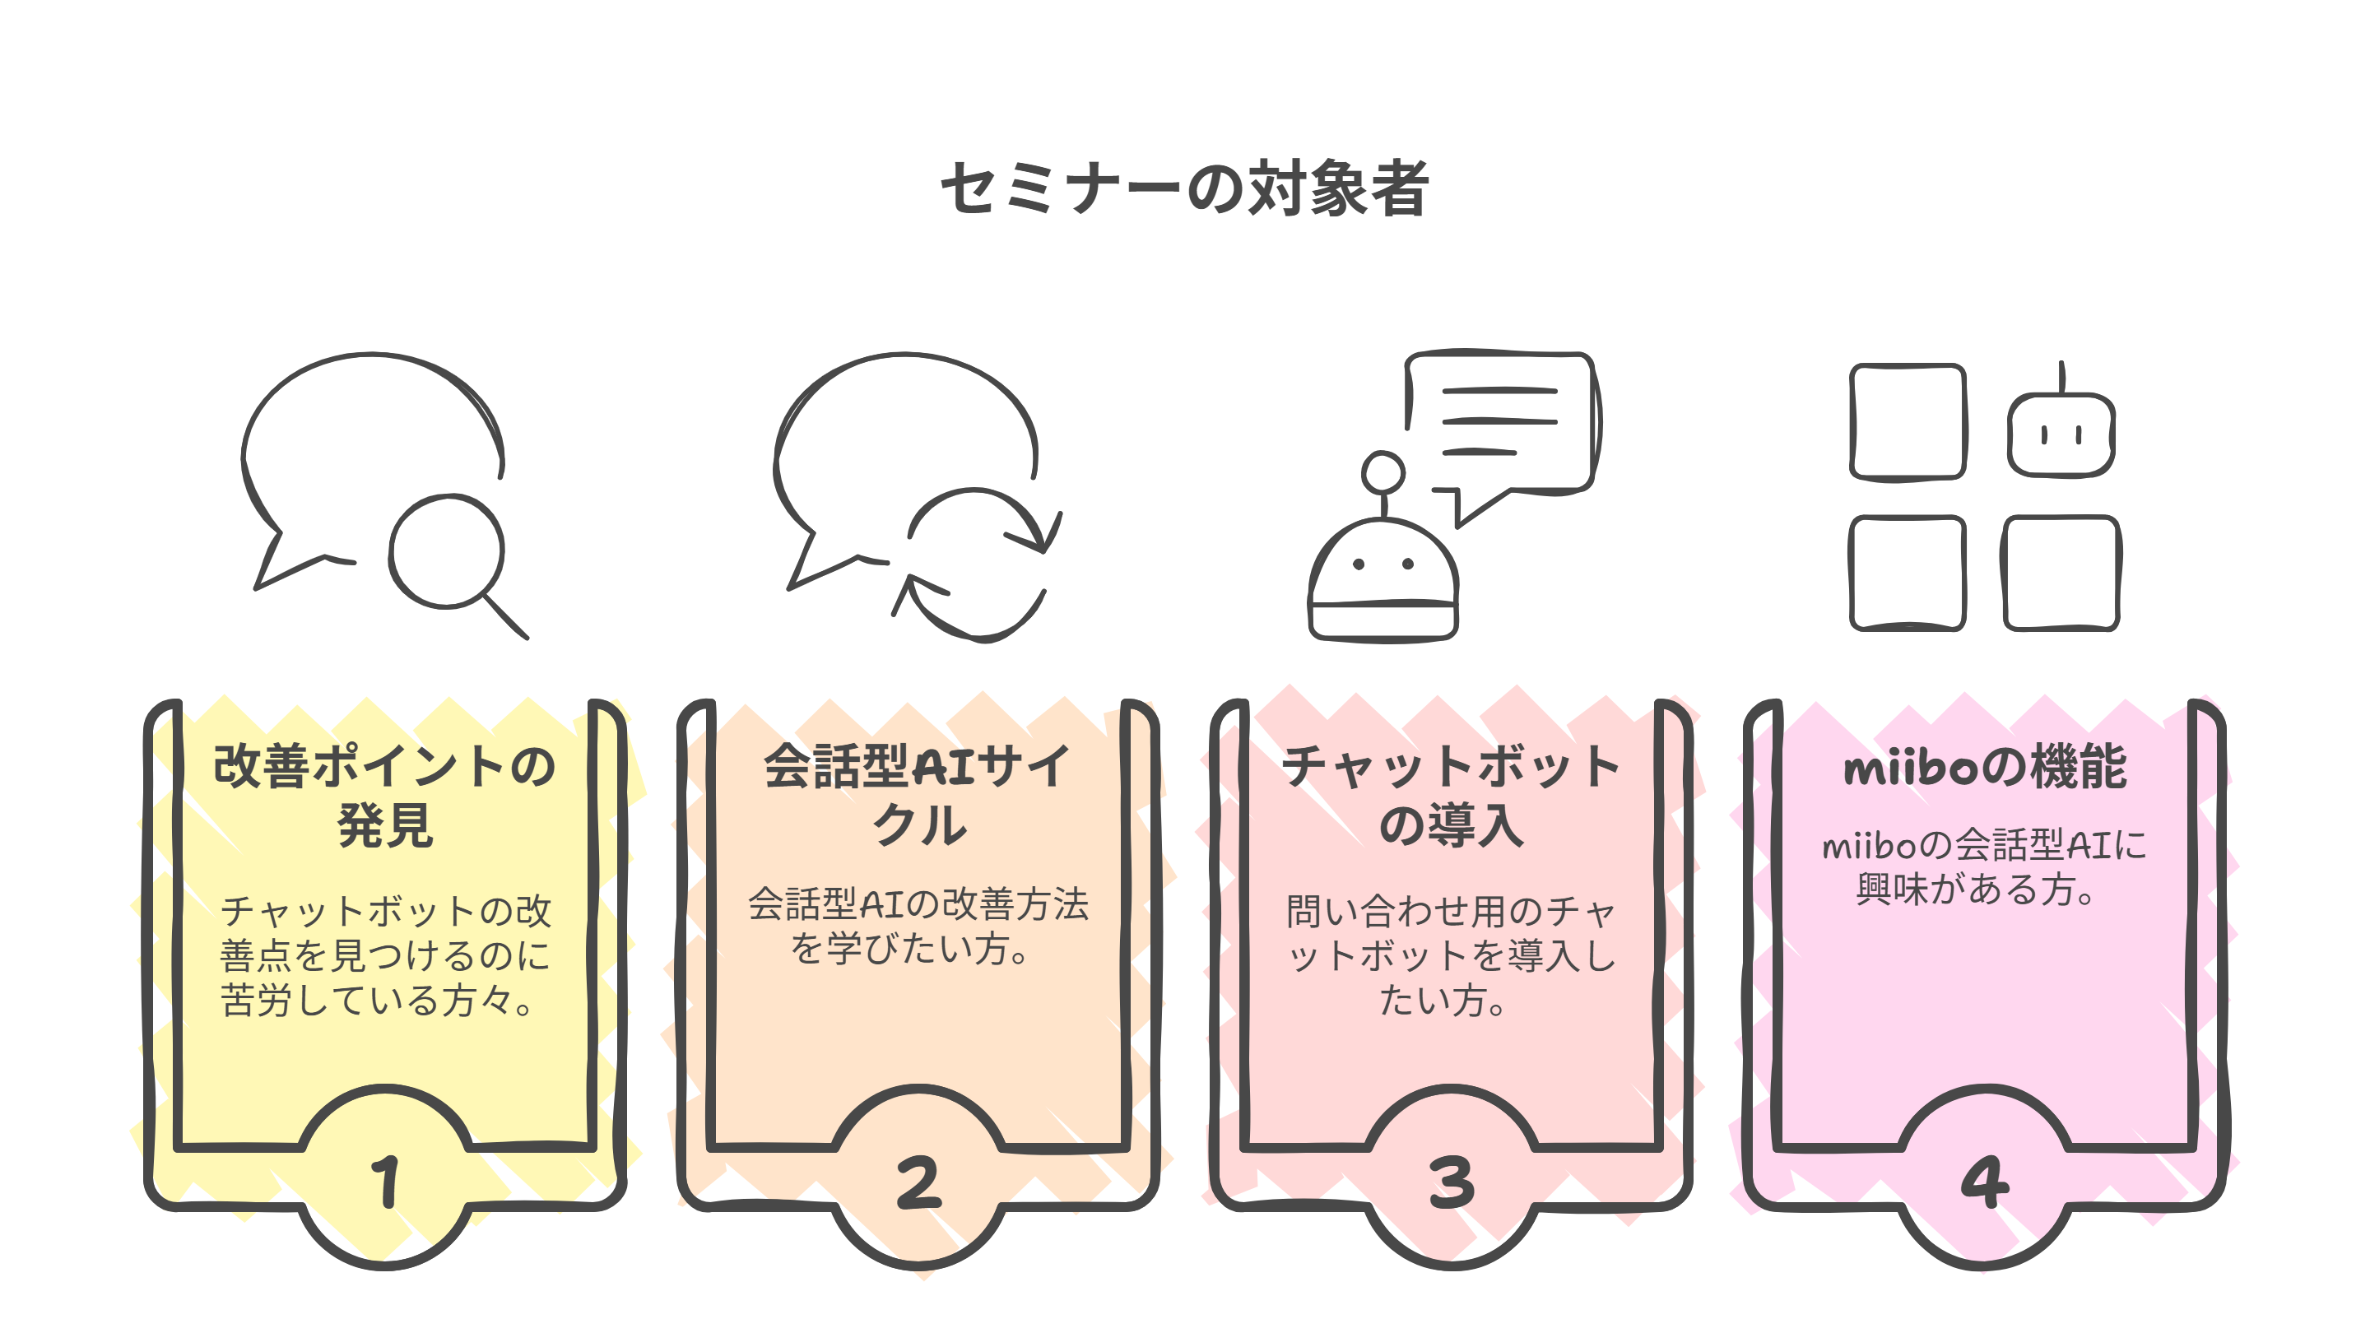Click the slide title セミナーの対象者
point(1184,188)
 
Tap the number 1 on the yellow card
point(385,1182)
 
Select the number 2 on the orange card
point(918,1183)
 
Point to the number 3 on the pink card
point(1451,1183)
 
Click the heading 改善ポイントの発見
point(384,795)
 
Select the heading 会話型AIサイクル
point(918,795)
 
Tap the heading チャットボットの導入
point(1451,795)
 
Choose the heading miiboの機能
point(1985,767)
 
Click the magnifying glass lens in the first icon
point(446,552)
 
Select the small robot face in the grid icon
point(2061,434)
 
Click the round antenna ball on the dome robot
point(1382,473)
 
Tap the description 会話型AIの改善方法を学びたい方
point(918,926)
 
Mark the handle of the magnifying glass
point(506,617)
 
